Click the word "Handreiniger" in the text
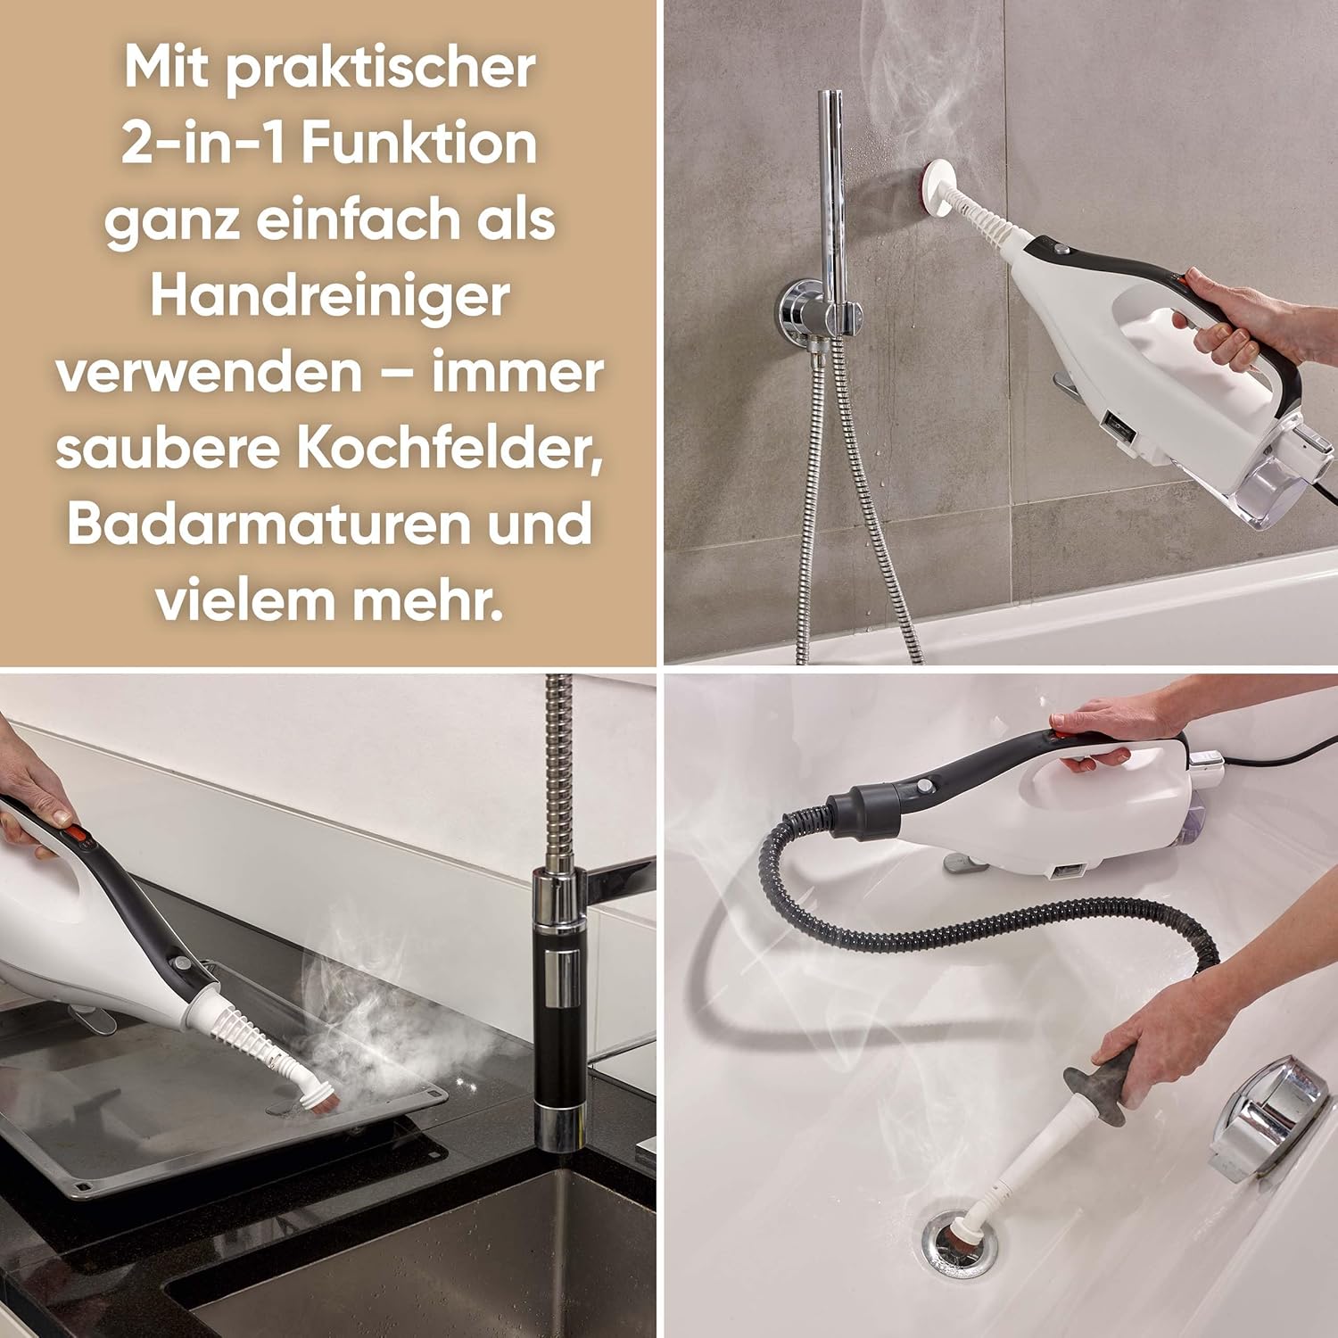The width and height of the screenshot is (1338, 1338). tap(330, 297)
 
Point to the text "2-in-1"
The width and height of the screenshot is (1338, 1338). tap(203, 144)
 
